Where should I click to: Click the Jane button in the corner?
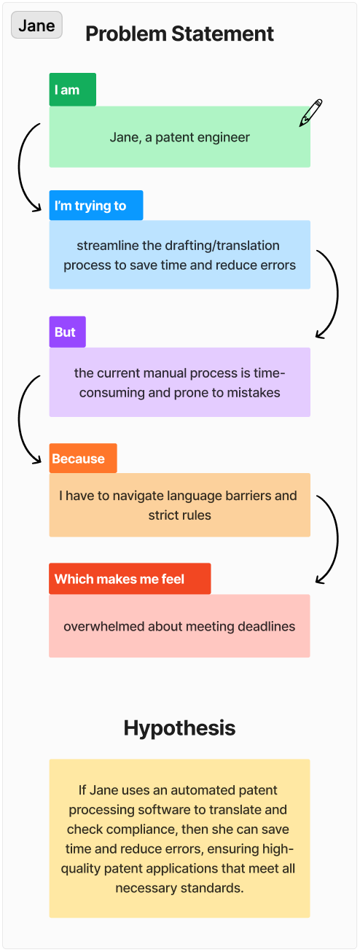point(36,25)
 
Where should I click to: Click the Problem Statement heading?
point(179,34)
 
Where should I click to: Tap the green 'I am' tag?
point(73,90)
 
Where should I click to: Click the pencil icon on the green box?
point(310,113)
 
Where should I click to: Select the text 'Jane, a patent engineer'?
point(179,137)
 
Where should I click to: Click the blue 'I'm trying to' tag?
point(96,206)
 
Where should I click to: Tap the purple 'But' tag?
point(68,332)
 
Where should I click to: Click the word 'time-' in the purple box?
point(269,372)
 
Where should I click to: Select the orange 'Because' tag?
point(83,459)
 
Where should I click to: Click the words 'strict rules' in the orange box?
point(179,515)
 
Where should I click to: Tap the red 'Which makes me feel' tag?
point(130,579)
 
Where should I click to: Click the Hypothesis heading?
point(179,727)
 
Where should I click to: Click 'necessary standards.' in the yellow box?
point(179,888)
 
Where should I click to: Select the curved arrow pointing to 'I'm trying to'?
point(19,167)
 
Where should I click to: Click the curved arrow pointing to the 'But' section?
point(337,293)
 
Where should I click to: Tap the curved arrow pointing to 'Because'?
point(19,418)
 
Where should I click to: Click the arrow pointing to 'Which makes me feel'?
point(337,539)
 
